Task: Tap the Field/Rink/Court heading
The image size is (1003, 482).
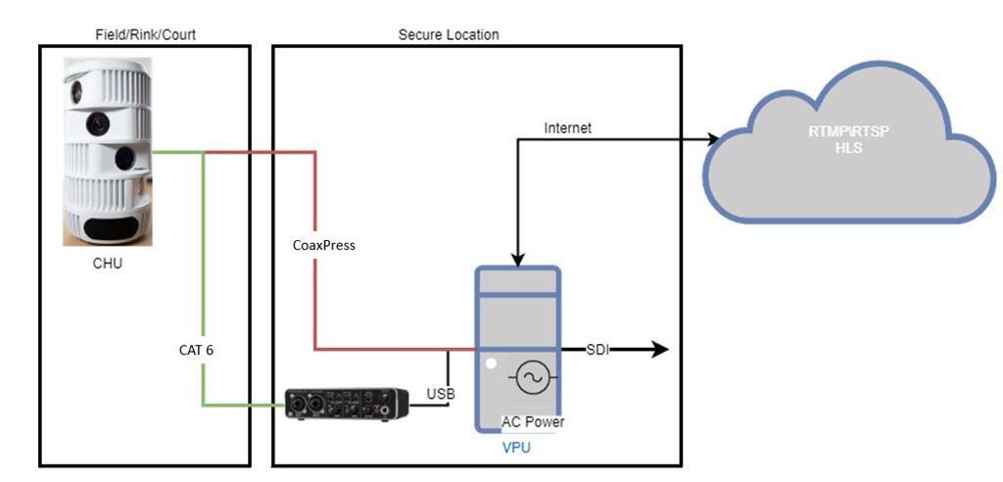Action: click(x=145, y=34)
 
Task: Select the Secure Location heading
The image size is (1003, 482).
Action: click(x=449, y=34)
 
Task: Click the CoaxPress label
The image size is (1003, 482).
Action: click(x=324, y=245)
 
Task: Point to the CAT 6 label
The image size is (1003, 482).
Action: click(x=196, y=349)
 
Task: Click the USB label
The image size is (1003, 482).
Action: click(x=440, y=394)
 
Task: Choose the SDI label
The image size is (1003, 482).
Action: click(x=597, y=349)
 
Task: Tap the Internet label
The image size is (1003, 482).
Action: click(x=568, y=127)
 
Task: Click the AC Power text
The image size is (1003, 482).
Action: click(x=533, y=422)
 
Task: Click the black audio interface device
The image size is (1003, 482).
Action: click(x=346, y=403)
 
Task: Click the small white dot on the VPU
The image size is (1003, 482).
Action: click(x=491, y=364)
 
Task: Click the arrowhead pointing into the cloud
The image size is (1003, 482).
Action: click(x=713, y=140)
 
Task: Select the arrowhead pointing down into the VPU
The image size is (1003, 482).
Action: click(x=517, y=260)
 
